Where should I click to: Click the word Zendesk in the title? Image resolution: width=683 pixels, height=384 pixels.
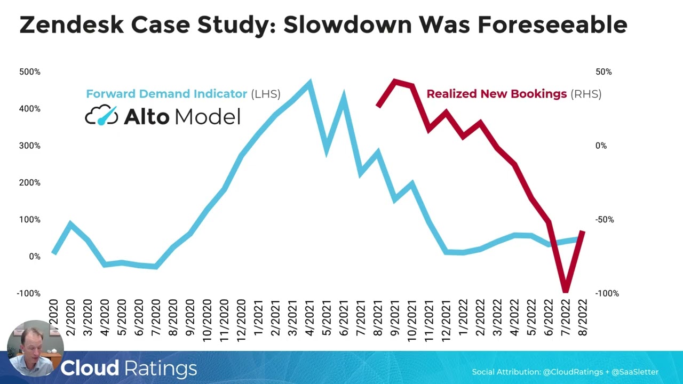tap(72, 25)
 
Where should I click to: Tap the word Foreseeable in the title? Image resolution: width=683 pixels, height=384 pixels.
tap(552, 25)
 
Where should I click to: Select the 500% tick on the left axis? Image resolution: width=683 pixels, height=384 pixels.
tap(30, 72)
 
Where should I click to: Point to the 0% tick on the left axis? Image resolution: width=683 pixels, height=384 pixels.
tap(35, 257)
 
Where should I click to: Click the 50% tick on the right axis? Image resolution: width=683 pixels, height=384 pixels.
tap(603, 72)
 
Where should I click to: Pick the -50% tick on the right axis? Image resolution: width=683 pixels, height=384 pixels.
tap(605, 220)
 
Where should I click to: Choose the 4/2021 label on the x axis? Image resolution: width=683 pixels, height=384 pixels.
tap(309, 317)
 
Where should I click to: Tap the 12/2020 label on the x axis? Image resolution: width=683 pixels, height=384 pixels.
tap(241, 320)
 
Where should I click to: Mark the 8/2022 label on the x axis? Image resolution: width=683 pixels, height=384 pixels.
tap(583, 317)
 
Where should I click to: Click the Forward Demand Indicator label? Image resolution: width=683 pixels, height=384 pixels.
tap(166, 94)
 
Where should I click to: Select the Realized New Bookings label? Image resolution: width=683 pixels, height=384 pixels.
tap(497, 94)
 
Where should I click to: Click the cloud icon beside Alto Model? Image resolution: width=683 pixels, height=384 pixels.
tap(101, 115)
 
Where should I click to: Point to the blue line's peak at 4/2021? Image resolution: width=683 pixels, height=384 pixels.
tap(309, 82)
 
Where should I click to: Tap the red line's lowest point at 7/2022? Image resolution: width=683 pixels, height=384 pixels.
tap(565, 290)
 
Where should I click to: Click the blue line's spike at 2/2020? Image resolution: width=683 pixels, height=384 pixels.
tap(70, 225)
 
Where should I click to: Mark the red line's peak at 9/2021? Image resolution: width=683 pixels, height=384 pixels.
tap(394, 82)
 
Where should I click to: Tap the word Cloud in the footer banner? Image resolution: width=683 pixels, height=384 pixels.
tap(90, 368)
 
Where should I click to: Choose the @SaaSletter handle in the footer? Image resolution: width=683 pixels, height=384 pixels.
tap(635, 372)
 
